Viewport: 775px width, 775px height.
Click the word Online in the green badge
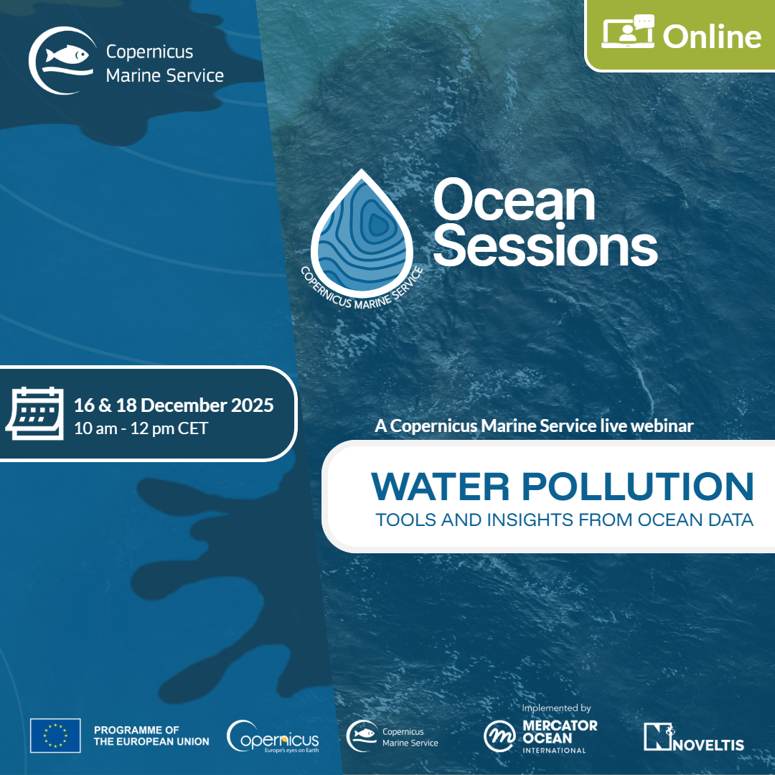pos(712,37)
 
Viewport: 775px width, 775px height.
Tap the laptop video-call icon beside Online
pos(628,31)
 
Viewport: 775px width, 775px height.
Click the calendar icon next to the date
pos(35,413)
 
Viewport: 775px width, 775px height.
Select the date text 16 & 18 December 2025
pos(174,405)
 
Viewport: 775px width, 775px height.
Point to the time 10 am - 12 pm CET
pos(141,428)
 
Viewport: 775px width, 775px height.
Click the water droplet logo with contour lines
pos(362,234)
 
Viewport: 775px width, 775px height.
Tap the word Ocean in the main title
pos(514,201)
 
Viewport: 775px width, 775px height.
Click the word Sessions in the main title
pos(545,245)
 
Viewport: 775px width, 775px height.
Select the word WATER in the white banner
pos(440,487)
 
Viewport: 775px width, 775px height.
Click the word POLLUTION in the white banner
pos(638,487)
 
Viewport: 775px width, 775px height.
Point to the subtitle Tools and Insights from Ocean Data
pos(565,520)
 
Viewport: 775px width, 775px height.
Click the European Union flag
pos(55,736)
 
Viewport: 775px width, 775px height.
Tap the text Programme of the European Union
pos(151,736)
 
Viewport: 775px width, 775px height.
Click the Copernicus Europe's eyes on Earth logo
pos(273,736)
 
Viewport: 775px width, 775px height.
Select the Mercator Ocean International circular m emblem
pos(499,736)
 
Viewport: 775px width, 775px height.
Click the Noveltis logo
pos(694,737)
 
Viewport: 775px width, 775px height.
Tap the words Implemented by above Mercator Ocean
pos(557,708)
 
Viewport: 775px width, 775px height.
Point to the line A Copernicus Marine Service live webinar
pos(535,426)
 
